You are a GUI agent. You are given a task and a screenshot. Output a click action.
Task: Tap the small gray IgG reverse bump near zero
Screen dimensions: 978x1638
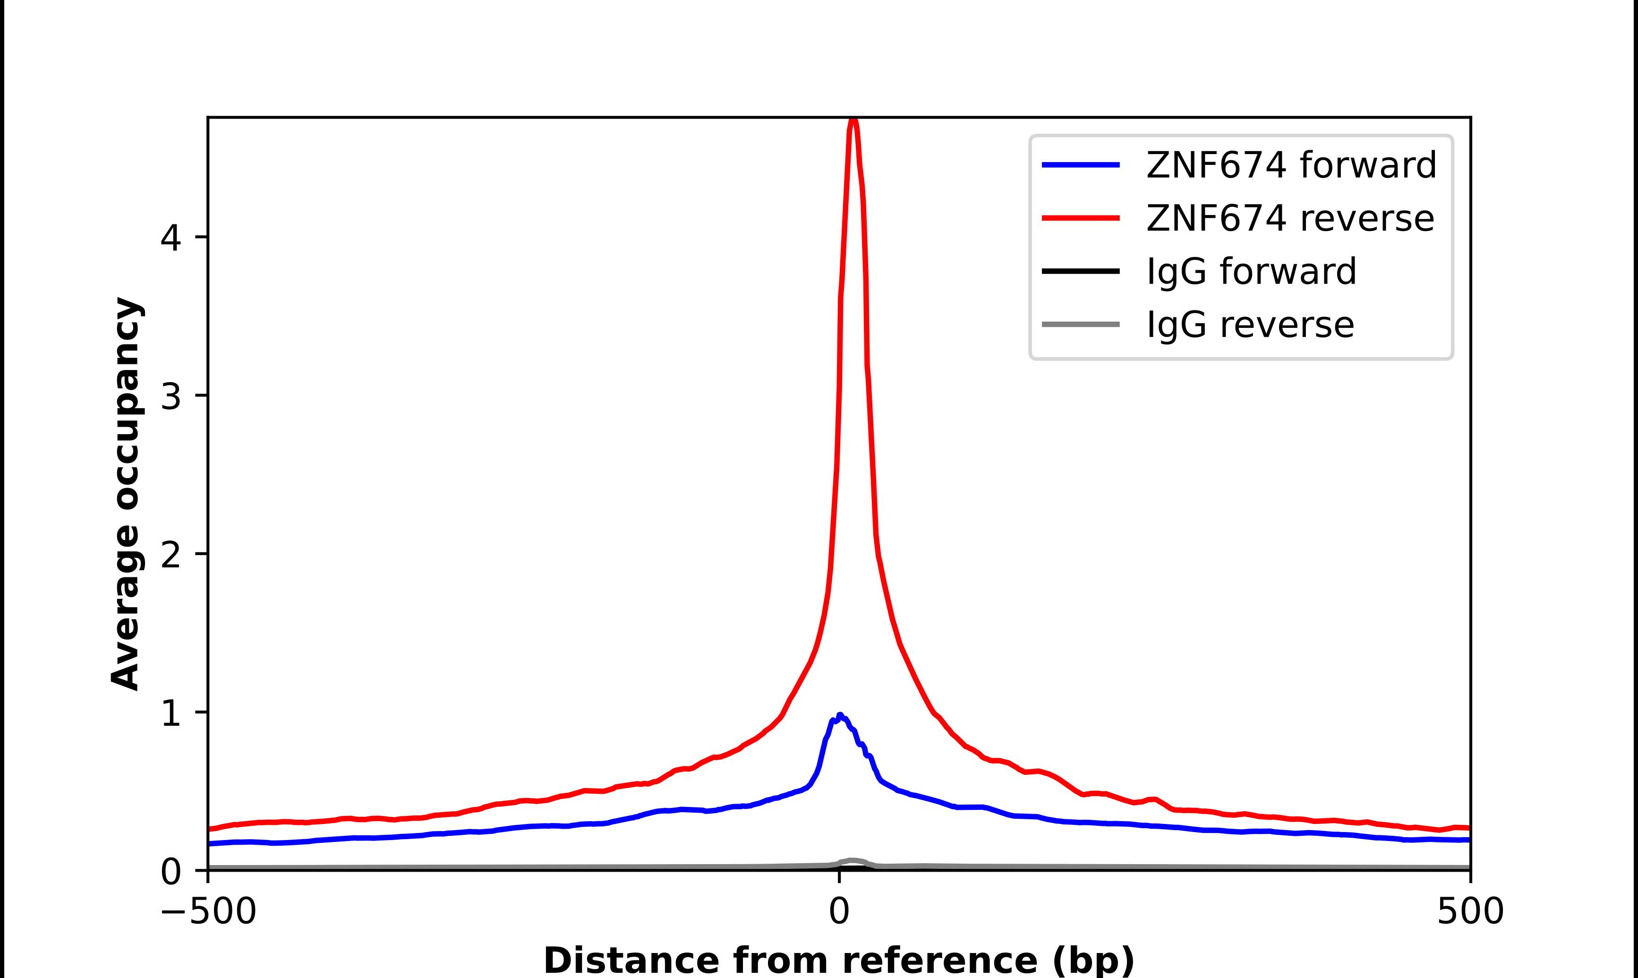point(852,861)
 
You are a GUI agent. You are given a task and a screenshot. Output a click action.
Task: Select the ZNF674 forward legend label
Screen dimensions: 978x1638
point(1291,165)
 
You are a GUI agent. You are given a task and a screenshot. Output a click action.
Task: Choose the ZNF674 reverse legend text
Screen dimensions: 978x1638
point(1289,218)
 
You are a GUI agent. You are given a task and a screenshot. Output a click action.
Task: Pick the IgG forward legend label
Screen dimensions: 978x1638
point(1251,272)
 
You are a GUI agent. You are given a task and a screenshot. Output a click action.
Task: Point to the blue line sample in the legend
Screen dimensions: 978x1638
point(1080,165)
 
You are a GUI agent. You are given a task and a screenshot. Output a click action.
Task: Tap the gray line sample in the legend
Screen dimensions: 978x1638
point(1080,324)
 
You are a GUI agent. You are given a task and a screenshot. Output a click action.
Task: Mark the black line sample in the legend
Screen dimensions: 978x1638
point(1080,271)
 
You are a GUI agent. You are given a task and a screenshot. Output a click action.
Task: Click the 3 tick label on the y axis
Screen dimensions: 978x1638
point(171,396)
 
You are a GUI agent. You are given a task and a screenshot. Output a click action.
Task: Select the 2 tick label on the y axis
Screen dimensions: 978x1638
point(171,554)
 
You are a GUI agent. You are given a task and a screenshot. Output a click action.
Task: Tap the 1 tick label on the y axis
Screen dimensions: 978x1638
point(171,713)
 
